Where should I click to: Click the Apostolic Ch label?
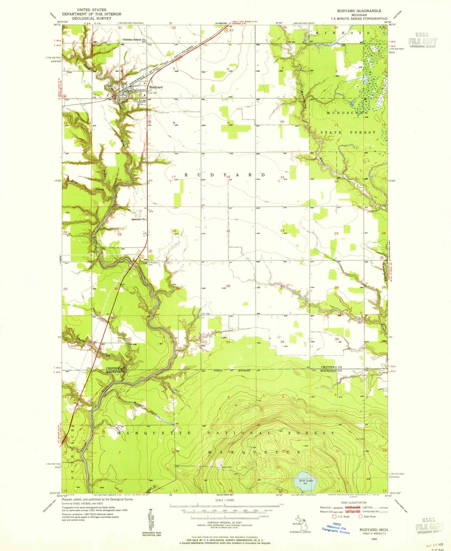pyautogui.click(x=139, y=219)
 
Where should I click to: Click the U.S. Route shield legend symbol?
pyautogui.click(x=333, y=517)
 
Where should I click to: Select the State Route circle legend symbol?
pyautogui.click(x=361, y=517)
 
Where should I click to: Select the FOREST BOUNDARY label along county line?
pyautogui.click(x=233, y=371)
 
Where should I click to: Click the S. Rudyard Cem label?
pyautogui.click(x=153, y=264)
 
